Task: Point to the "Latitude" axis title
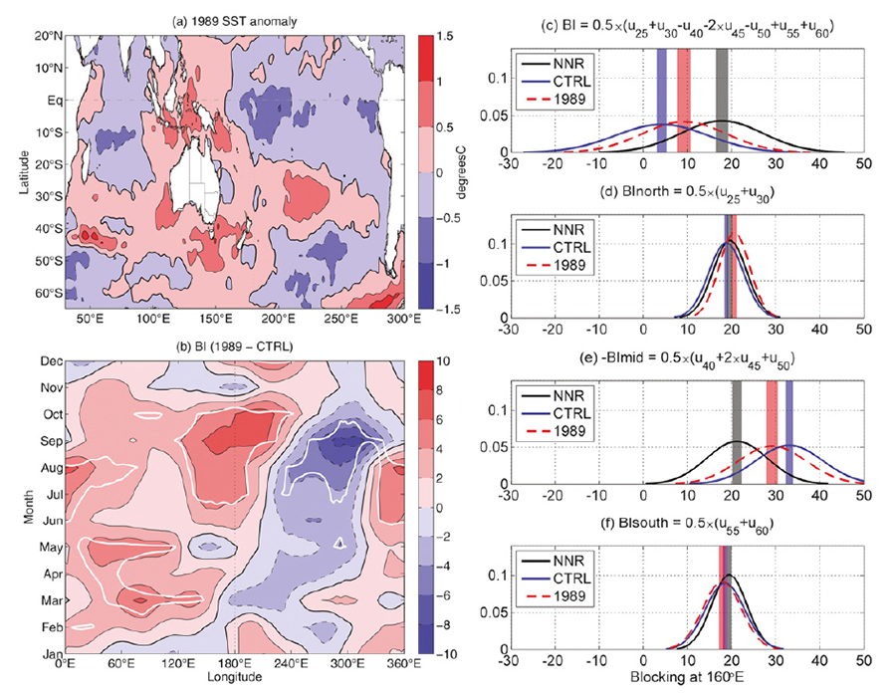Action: click(x=12, y=165)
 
